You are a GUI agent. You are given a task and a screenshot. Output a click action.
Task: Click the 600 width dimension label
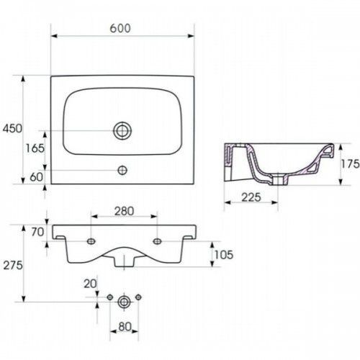coord(120,28)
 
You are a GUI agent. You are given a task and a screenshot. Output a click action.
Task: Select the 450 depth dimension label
coord(12,129)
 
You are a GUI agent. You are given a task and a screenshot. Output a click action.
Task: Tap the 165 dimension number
coord(35,148)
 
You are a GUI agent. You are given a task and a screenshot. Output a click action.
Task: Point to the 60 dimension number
coord(37,177)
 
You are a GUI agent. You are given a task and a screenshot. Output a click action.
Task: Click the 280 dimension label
coord(124,212)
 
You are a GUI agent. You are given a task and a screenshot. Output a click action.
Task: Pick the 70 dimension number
coord(37,232)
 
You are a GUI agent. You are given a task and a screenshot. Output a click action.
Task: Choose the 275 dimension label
coord(13,265)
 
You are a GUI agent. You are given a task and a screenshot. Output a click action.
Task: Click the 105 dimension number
coord(224,255)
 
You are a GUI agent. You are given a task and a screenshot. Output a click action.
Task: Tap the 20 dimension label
coord(90,284)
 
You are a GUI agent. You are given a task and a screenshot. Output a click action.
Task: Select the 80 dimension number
coord(125,327)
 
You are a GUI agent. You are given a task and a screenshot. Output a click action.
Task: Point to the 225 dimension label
coord(251,197)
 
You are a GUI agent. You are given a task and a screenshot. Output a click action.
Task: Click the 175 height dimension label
coord(351,164)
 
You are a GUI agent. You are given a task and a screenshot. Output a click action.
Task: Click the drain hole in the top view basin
coord(122,130)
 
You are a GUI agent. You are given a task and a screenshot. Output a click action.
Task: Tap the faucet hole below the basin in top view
coord(122,170)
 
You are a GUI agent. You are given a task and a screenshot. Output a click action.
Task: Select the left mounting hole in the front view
coord(91,241)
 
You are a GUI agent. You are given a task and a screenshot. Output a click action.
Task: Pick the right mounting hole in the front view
coord(157,241)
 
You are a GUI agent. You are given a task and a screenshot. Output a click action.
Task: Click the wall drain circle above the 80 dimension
coord(124,302)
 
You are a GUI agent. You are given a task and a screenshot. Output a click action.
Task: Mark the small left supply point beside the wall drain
coord(110,297)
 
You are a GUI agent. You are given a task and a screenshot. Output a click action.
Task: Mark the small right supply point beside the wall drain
coord(138,297)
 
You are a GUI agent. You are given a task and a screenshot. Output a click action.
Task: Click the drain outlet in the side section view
coord(279,180)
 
